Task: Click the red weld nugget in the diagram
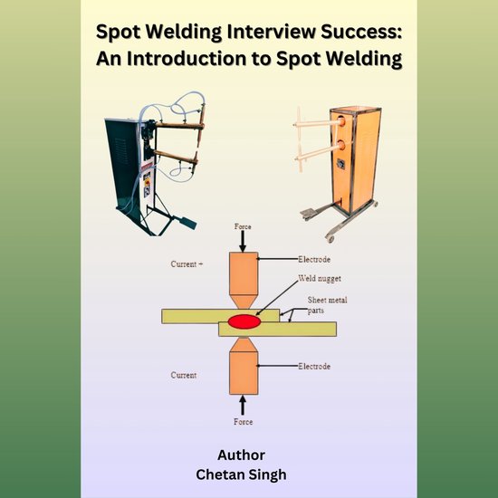pos(245,321)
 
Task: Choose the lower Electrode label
pos(316,366)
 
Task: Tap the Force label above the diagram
pos(244,225)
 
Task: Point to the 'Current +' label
pos(187,264)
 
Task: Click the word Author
pos(242,455)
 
